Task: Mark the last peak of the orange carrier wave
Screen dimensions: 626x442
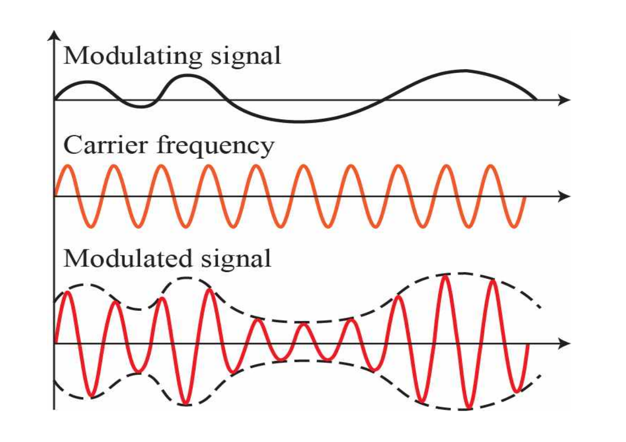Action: (x=490, y=166)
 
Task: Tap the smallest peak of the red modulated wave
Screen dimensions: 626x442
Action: (x=304, y=324)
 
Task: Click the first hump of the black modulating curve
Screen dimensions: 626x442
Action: (x=88, y=82)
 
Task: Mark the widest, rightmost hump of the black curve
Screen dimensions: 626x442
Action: (x=466, y=71)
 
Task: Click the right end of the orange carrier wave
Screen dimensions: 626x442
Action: (x=524, y=198)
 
